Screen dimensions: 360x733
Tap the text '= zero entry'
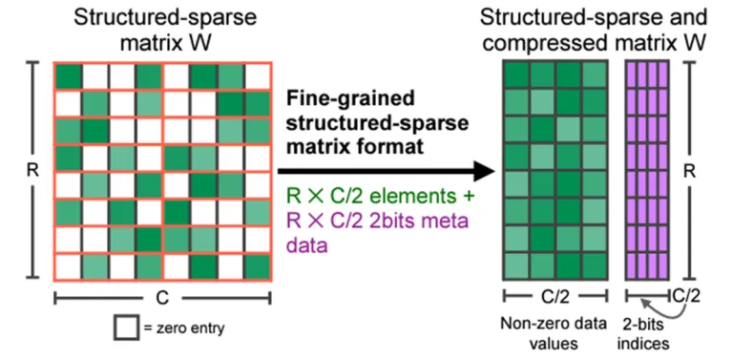click(180, 329)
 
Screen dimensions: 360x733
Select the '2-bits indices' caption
click(648, 332)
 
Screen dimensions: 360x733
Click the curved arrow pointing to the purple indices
click(637, 307)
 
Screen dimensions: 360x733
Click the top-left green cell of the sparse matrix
click(68, 75)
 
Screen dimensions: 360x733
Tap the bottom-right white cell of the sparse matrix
click(257, 265)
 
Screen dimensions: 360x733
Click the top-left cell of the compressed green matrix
click(516, 73)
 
